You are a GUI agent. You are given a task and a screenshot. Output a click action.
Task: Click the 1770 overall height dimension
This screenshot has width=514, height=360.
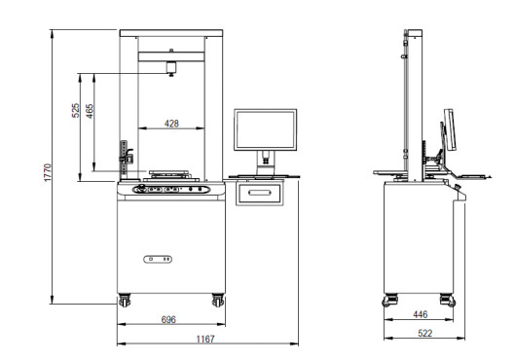(48, 172)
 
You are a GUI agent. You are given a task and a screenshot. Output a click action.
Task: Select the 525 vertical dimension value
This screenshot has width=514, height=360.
(75, 110)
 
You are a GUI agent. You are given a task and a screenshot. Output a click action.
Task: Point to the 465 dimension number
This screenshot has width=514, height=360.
(90, 111)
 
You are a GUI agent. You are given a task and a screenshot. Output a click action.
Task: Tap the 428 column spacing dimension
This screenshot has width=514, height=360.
(171, 124)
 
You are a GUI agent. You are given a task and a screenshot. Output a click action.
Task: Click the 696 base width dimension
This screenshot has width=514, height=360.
(168, 319)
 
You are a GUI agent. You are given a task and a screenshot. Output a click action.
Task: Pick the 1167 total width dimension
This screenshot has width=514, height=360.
(205, 339)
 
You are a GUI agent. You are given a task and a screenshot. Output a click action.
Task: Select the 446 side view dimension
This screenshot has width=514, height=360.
(421, 314)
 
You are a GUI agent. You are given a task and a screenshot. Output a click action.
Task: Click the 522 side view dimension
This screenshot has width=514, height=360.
(425, 333)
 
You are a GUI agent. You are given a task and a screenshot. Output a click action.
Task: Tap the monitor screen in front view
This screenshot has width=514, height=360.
(266, 130)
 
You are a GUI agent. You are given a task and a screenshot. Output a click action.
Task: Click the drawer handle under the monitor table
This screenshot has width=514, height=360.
(260, 193)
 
